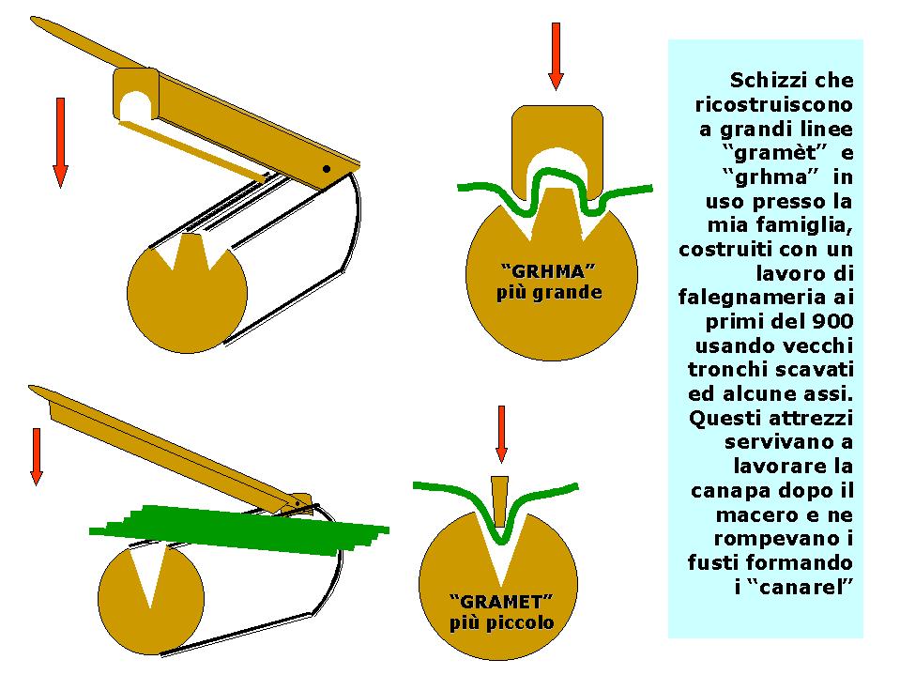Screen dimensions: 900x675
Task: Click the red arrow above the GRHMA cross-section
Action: pos(556,56)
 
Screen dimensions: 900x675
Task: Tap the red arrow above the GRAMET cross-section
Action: pos(502,434)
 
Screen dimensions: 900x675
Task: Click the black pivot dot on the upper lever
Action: pos(327,169)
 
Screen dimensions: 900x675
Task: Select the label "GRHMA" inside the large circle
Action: pos(548,270)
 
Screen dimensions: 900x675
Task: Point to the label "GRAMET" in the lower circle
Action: pos(501,602)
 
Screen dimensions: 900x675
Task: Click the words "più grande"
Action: pos(549,293)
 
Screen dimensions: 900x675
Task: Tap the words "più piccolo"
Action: pos(502,622)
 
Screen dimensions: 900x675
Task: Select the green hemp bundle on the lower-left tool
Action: pos(239,530)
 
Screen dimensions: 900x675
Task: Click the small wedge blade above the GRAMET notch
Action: pos(500,501)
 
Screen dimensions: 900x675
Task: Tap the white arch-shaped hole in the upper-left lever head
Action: pos(135,105)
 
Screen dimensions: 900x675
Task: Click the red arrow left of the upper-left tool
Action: pos(60,143)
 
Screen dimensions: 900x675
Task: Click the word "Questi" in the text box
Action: pos(725,418)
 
